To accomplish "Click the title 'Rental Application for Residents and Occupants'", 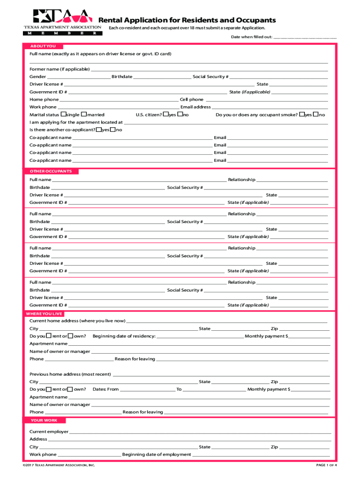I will pyautogui.click(x=187, y=20).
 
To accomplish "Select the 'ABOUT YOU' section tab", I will pyautogui.click(x=43, y=46).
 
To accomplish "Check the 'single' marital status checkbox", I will pyautogui.click(x=64, y=114).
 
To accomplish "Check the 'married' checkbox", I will pyautogui.click(x=84, y=114).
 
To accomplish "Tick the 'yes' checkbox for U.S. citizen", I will pyautogui.click(x=166, y=114).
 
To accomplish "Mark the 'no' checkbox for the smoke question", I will pyautogui.click(x=316, y=114).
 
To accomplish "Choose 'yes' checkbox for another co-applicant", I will pyautogui.click(x=99, y=130).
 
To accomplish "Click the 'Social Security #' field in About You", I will pyautogui.click(x=278, y=77).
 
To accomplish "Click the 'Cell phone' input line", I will pyautogui.click(x=266, y=100).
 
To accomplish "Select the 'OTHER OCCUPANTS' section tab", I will pyautogui.click(x=51, y=171).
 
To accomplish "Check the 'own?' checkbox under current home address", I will pyautogui.click(x=71, y=336).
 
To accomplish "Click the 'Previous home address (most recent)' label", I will pyautogui.click(x=70, y=374).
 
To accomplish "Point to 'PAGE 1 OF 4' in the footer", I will pyautogui.click(x=326, y=465).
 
